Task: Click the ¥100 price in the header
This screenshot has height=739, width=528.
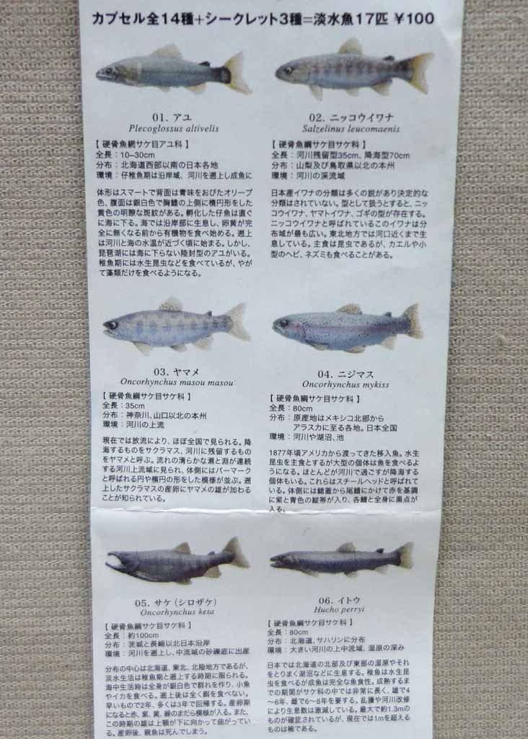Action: point(415,19)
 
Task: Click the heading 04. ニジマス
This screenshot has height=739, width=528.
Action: point(346,373)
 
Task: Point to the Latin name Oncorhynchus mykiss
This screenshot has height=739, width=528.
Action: point(346,385)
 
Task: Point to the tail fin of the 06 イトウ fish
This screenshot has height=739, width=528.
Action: point(405,555)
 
